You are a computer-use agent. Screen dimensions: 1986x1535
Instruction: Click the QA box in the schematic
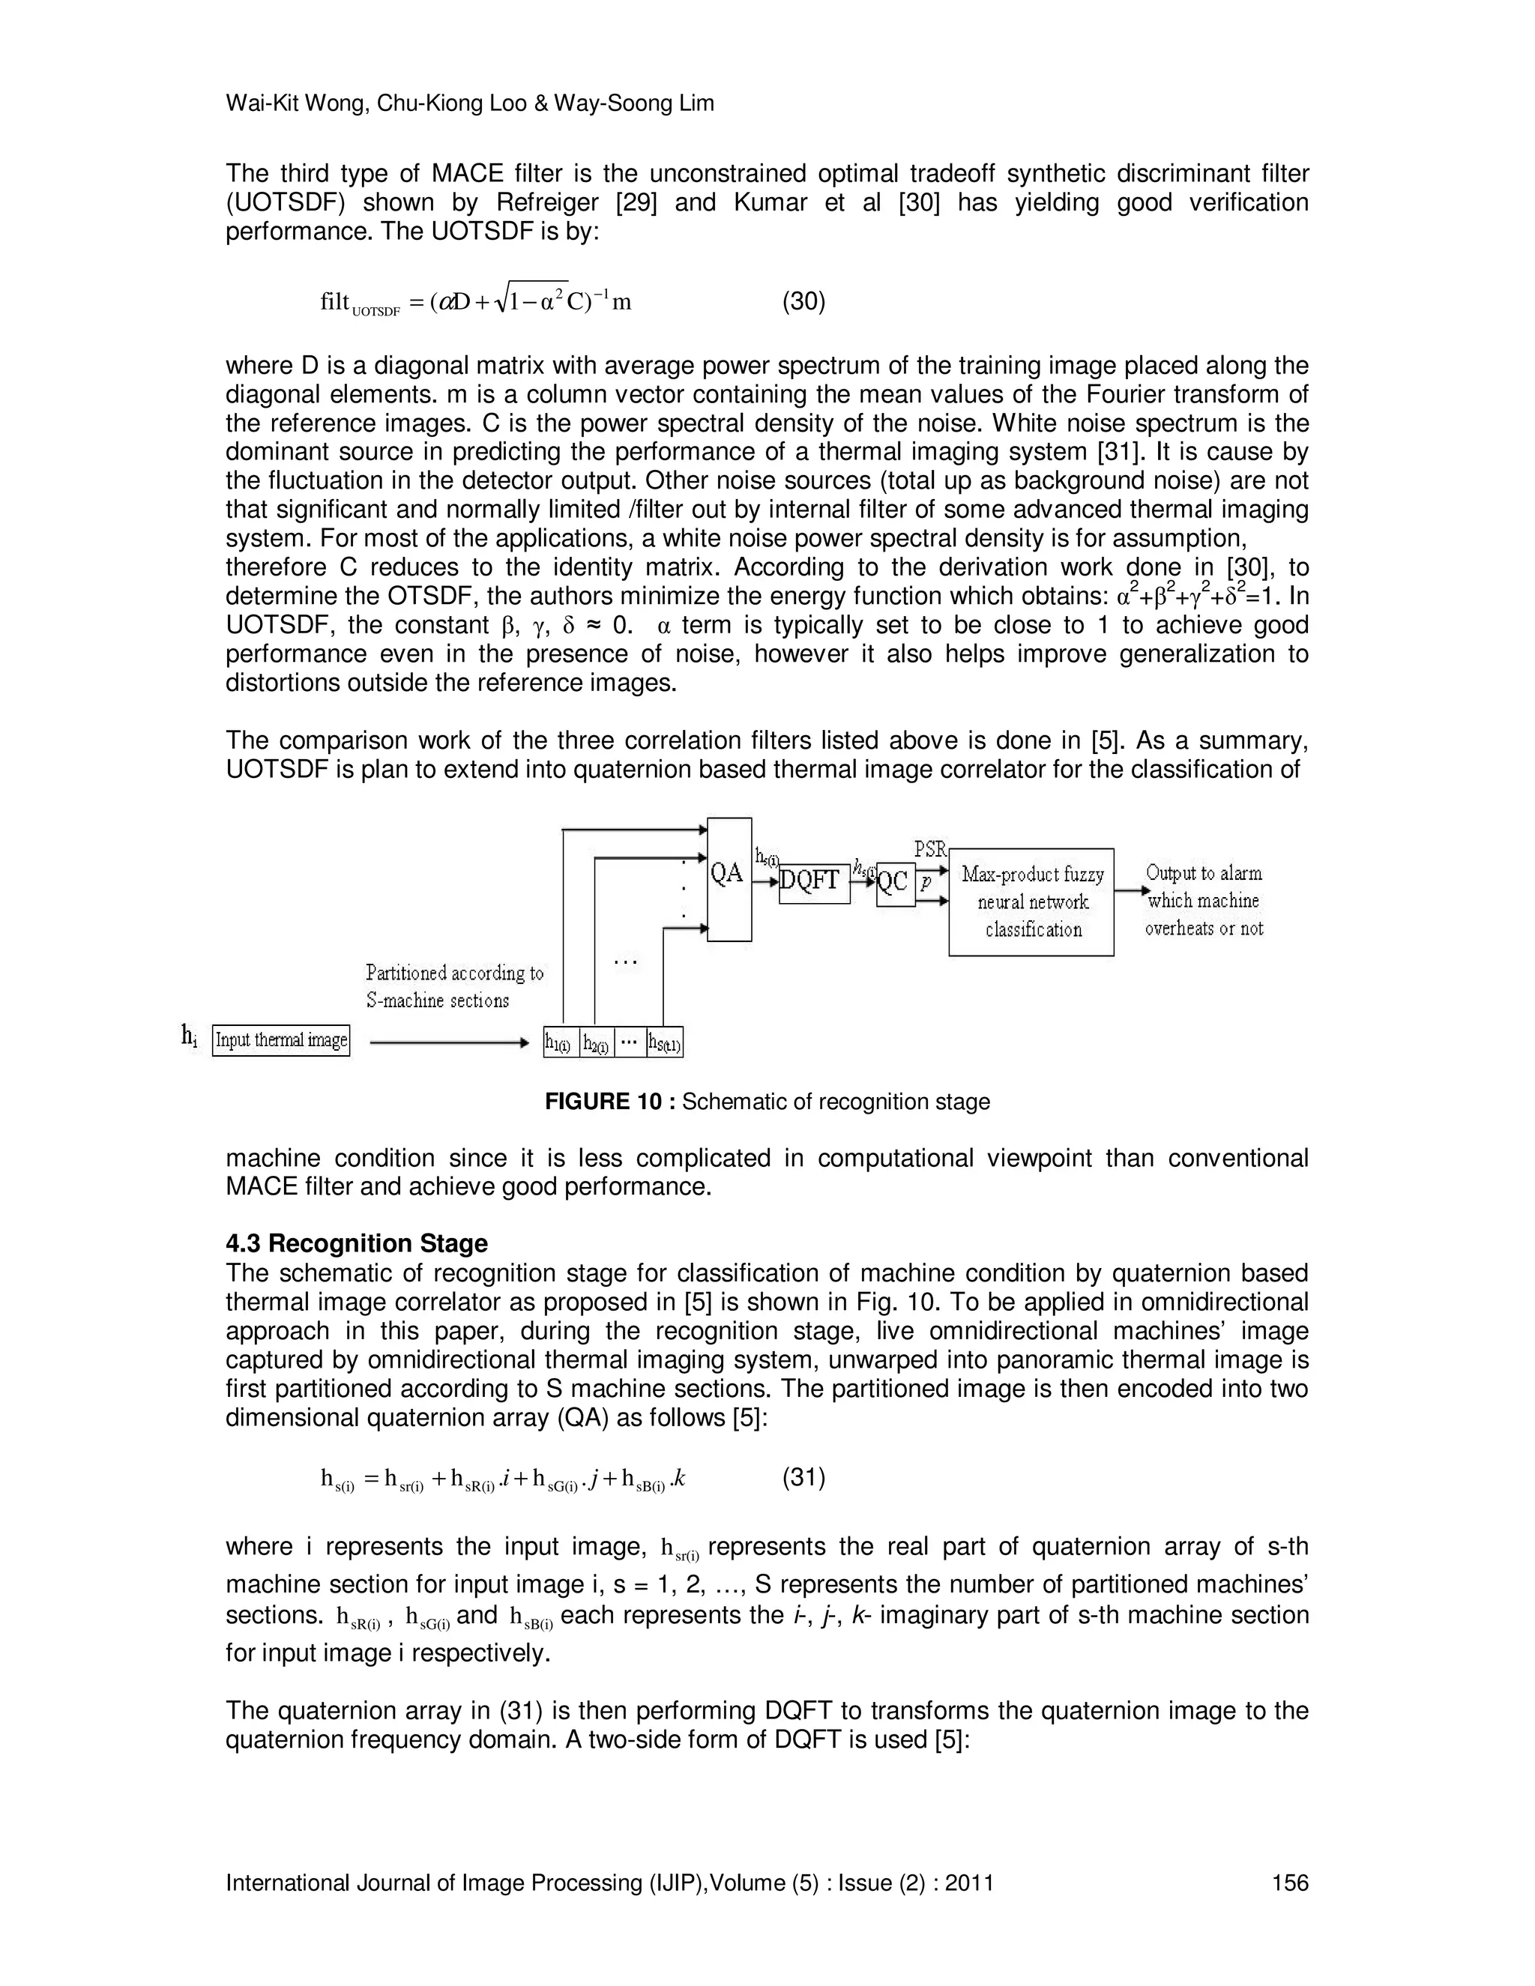(729, 878)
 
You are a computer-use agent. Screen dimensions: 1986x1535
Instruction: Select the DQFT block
(814, 883)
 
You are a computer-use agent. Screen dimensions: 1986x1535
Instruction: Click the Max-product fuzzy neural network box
(1031, 901)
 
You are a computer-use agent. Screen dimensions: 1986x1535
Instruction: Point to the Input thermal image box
(281, 1040)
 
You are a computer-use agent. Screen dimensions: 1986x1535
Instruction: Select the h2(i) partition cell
(597, 1043)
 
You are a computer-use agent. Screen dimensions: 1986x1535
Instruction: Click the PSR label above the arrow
(930, 851)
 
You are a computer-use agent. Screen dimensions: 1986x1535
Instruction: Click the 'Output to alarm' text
(1203, 873)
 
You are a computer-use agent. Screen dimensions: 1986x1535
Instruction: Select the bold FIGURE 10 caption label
(609, 1102)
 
